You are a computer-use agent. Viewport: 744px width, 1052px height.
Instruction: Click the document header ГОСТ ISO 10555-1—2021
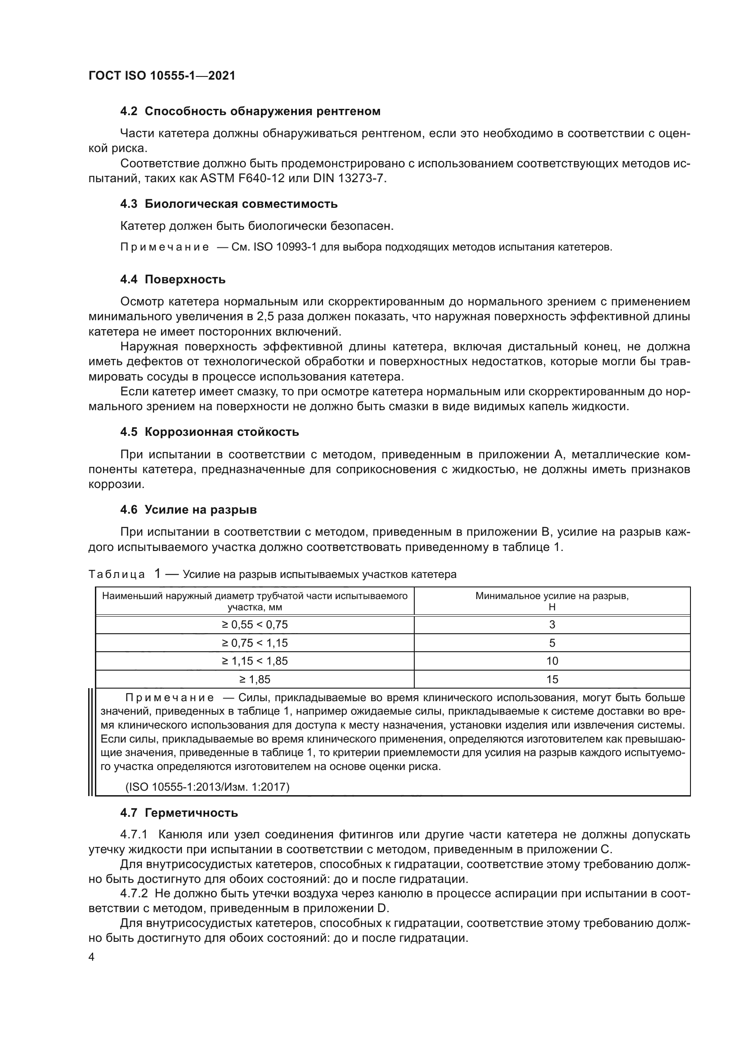(x=162, y=76)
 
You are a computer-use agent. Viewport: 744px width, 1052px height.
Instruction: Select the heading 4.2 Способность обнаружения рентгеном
(x=250, y=112)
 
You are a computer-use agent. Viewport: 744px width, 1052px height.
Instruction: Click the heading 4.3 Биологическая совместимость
(x=229, y=204)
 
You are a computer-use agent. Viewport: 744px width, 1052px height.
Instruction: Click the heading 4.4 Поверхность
(x=173, y=279)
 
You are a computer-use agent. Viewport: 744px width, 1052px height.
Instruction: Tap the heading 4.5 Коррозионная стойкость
(x=209, y=432)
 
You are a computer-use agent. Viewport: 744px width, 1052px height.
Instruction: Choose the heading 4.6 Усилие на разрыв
(x=188, y=510)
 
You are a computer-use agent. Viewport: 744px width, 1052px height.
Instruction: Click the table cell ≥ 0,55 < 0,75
(x=255, y=625)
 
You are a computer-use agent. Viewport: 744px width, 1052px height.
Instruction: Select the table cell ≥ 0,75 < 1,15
(x=255, y=643)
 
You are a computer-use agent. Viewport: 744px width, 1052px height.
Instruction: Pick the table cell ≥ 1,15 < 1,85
(x=255, y=661)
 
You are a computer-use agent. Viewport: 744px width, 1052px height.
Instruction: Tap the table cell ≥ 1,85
(x=255, y=680)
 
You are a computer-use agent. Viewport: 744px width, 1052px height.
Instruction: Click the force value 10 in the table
(x=552, y=661)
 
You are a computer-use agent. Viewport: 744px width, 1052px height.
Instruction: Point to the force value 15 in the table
(x=552, y=680)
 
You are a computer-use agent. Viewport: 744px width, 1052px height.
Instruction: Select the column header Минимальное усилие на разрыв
(x=552, y=596)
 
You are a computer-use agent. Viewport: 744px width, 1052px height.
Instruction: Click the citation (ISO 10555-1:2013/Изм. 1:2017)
(x=207, y=787)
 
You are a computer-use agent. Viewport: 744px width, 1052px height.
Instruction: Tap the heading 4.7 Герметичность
(x=179, y=813)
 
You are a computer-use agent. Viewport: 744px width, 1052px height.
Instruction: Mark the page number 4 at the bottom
(x=92, y=957)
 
